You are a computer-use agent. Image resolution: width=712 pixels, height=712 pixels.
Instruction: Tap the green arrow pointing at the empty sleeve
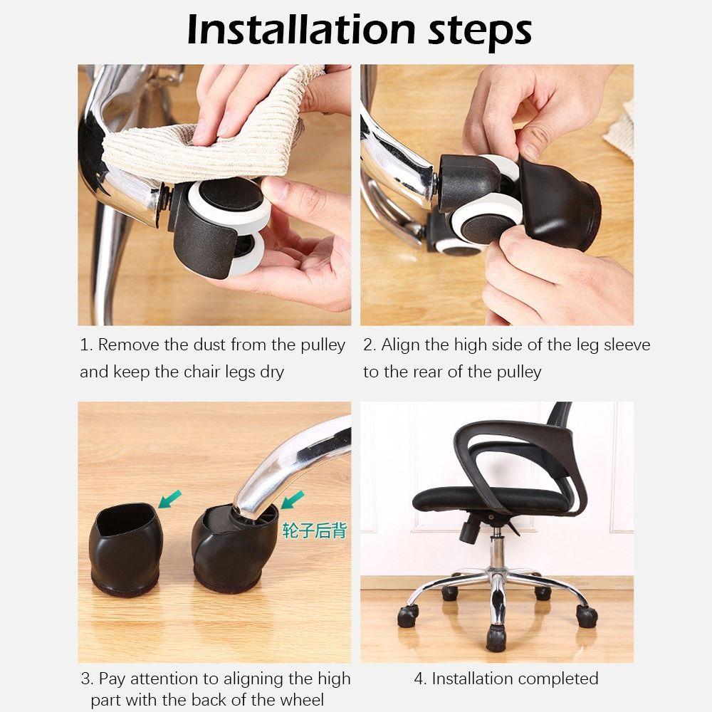tap(171, 498)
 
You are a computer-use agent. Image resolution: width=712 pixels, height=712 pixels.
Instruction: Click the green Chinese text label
tap(314, 530)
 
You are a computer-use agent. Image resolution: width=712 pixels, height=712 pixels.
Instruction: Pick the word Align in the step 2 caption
tap(400, 345)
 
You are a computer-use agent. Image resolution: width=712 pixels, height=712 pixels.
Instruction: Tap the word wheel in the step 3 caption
tap(300, 700)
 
